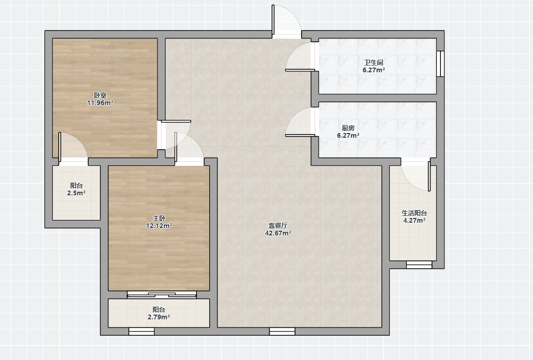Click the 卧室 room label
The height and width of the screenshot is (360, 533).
(100, 96)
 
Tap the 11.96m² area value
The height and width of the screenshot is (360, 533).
(100, 103)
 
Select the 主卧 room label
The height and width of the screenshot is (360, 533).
(159, 219)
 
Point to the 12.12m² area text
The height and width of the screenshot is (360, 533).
(159, 226)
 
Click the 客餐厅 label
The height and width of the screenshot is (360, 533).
(278, 225)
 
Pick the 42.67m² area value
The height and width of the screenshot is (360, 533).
(278, 233)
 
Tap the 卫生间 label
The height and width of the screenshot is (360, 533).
(373, 63)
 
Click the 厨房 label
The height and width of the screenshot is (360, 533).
(348, 128)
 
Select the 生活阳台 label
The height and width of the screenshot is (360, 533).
(414, 213)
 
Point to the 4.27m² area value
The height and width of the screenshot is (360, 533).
(414, 221)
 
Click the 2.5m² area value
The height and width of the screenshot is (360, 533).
(76, 193)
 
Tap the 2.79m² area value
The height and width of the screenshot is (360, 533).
(159, 317)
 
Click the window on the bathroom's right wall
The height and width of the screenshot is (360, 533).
(441, 63)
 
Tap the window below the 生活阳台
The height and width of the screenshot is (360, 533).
(419, 265)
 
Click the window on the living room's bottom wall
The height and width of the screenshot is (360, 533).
(282, 331)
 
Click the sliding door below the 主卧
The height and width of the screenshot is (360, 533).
(162, 295)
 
